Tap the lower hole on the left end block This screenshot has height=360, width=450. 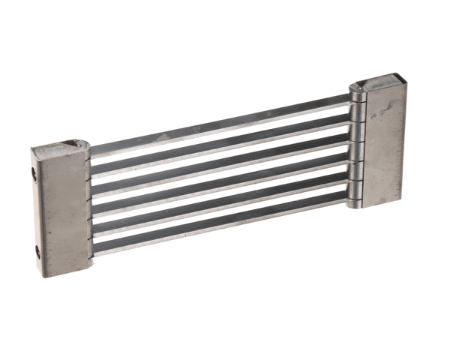point(37,252)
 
